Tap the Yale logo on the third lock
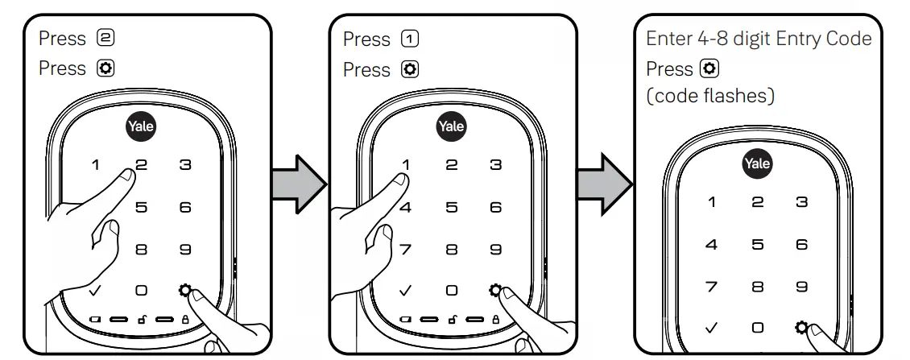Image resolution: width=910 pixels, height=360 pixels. (x=756, y=163)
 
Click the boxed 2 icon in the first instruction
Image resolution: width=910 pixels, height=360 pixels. (x=105, y=39)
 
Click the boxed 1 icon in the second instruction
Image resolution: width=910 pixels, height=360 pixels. (x=410, y=39)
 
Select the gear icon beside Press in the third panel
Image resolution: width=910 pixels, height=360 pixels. (x=709, y=68)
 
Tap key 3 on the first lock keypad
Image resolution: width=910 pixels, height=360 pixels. (x=185, y=165)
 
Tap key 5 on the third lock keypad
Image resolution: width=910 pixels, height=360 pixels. (x=757, y=243)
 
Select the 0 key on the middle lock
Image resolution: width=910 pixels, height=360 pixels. (x=451, y=290)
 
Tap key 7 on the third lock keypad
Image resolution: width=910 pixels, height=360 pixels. (x=712, y=285)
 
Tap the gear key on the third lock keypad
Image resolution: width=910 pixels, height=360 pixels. (x=800, y=327)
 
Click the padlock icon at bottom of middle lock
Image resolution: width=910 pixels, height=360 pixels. (x=494, y=320)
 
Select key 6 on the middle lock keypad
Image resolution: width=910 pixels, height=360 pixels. (x=495, y=207)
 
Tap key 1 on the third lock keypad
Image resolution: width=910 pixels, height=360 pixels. (x=712, y=201)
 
